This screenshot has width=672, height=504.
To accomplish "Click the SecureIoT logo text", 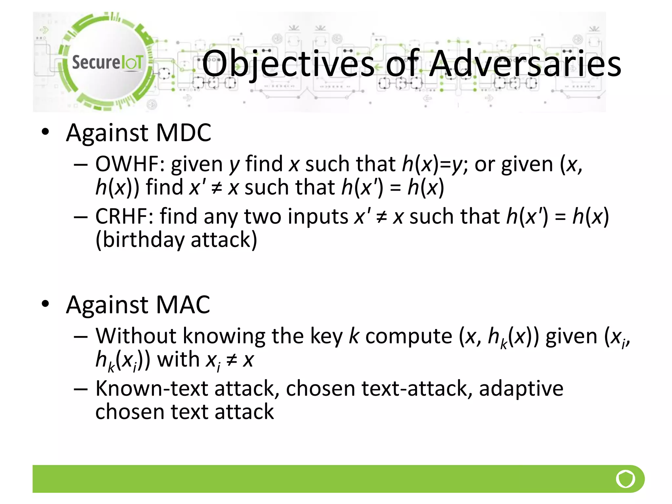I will click(107, 62).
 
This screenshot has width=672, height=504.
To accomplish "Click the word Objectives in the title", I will click(288, 64).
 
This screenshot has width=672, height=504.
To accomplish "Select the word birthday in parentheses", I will click(144, 240).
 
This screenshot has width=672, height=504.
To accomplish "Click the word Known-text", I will click(152, 388).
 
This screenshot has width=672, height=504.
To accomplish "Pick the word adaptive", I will click(521, 388).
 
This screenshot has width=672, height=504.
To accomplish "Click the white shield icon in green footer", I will click(625, 479).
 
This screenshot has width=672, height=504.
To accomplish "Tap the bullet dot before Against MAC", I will click(45, 304).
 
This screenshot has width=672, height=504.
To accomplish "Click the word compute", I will click(409, 336).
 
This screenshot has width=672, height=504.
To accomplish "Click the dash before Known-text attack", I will click(81, 389).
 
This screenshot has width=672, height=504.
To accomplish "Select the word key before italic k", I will click(326, 336).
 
